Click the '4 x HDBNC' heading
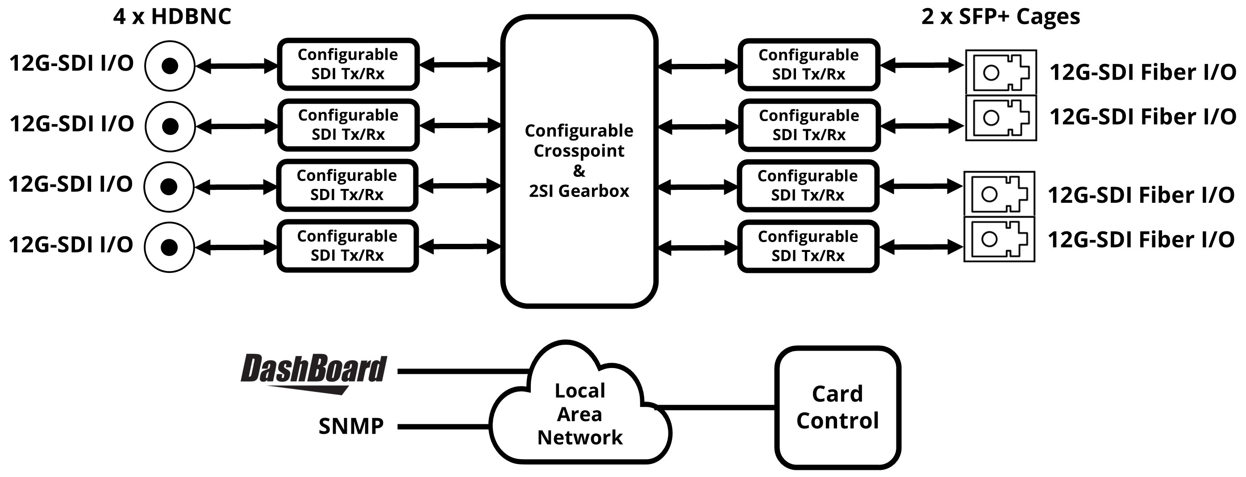coord(172,17)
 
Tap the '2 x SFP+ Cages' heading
coord(1000,17)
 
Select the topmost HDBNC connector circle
coord(170,66)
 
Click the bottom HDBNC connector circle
coord(169,247)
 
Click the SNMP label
coord(351,426)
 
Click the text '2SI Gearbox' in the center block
coord(579,191)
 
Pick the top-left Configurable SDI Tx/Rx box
coord(348,64)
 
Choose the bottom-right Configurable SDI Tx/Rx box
coord(808,246)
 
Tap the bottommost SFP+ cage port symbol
coord(999,239)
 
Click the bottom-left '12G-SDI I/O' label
coord(71,245)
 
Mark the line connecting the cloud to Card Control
coord(715,407)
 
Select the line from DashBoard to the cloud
coord(463,372)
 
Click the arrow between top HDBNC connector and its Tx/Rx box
coord(237,66)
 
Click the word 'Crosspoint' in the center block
coord(579,151)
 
